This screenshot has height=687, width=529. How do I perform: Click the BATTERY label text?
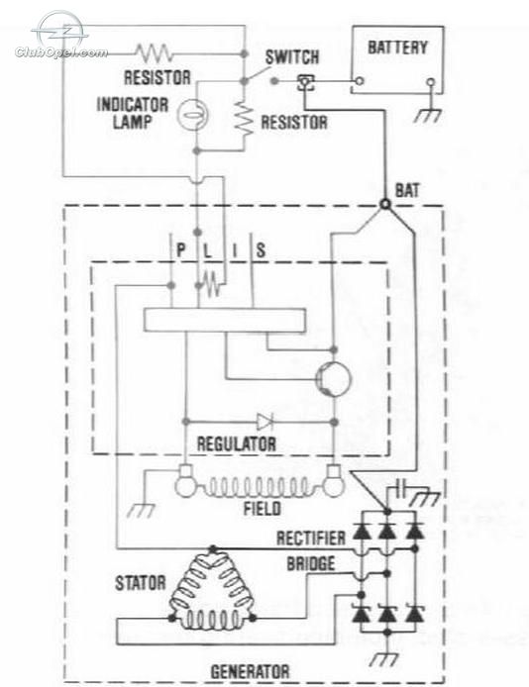397,48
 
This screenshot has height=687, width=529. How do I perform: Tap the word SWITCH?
292,57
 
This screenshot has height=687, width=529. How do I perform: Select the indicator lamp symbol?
192,115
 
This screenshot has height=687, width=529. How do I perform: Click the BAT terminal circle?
384,204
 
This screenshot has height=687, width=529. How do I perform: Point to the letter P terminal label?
180,250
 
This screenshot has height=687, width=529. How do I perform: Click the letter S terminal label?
261,250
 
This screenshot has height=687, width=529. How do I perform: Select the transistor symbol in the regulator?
333,379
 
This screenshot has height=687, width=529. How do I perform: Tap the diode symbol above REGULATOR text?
264,422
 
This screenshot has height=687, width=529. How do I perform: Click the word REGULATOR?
236,444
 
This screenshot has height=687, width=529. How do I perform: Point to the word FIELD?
263,509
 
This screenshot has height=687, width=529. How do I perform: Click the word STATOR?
141,583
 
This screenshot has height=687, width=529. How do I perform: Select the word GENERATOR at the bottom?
250,672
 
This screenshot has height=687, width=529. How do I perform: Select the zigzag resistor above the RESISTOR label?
154,53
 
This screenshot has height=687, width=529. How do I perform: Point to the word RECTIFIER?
311,539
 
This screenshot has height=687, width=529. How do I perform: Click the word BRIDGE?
311,563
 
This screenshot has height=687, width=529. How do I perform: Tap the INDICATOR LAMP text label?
133,113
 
